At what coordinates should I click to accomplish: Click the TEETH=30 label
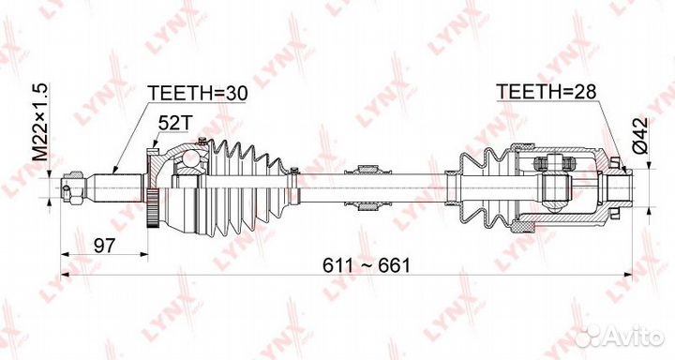coord(198,94)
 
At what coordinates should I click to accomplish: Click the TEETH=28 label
coord(546,91)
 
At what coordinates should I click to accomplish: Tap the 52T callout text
coord(174,124)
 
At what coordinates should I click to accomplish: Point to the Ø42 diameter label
coord(639,135)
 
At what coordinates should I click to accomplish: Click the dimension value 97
coord(105,246)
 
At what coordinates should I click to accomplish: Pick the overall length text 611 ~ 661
coord(367,265)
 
